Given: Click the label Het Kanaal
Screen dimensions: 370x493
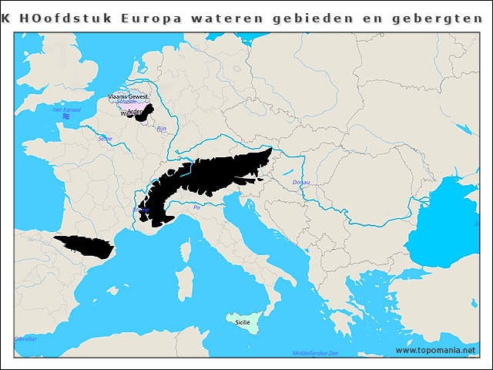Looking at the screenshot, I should (65, 110).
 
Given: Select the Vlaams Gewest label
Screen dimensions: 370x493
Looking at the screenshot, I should (128, 96).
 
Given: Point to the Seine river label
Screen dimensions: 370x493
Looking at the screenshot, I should (105, 139).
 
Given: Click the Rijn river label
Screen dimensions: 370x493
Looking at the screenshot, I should (161, 129).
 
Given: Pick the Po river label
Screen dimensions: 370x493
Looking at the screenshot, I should (196, 207).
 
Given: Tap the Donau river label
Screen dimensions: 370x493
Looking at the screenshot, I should (301, 183).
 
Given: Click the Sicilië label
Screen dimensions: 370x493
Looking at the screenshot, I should (243, 322).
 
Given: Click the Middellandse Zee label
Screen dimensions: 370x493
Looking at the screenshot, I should (315, 353).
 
